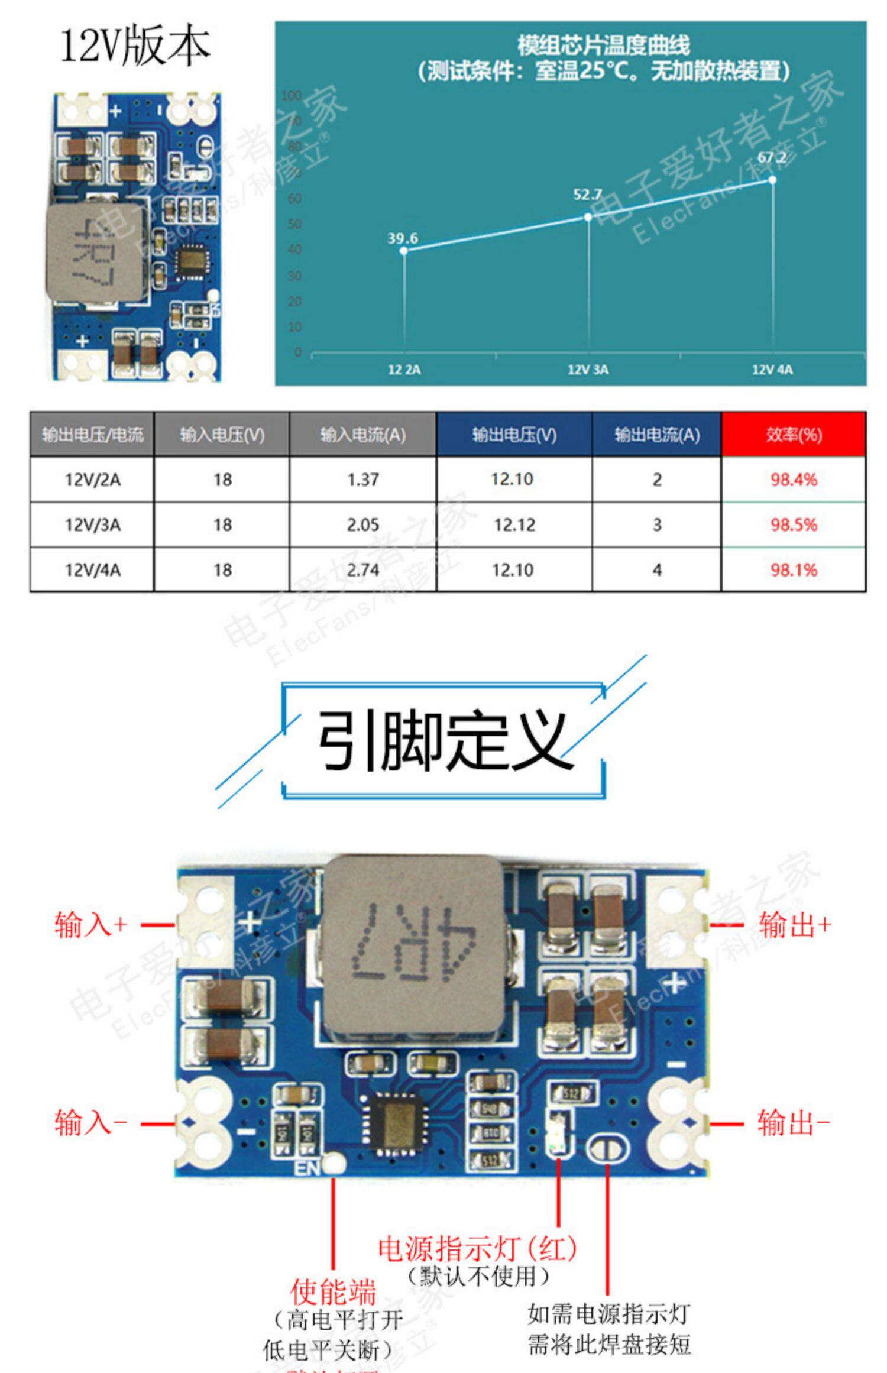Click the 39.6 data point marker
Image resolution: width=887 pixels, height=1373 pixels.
[x=404, y=251]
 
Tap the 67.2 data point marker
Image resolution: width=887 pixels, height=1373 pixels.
[x=772, y=180]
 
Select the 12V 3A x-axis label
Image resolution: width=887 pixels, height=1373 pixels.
[x=588, y=370]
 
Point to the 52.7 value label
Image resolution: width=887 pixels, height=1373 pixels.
[x=587, y=195]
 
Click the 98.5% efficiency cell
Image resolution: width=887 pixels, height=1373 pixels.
[x=794, y=524]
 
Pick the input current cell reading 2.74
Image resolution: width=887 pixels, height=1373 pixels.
[x=362, y=570]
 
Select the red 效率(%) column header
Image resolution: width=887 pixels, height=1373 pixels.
[x=794, y=435]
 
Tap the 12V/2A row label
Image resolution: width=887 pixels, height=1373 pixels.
[x=92, y=480]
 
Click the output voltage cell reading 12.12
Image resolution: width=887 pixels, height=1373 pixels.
[x=514, y=524]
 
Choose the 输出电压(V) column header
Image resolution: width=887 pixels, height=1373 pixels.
[x=514, y=435]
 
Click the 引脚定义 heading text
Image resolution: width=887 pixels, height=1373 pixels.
[x=444, y=741]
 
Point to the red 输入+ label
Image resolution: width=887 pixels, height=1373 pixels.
[x=90, y=924]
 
